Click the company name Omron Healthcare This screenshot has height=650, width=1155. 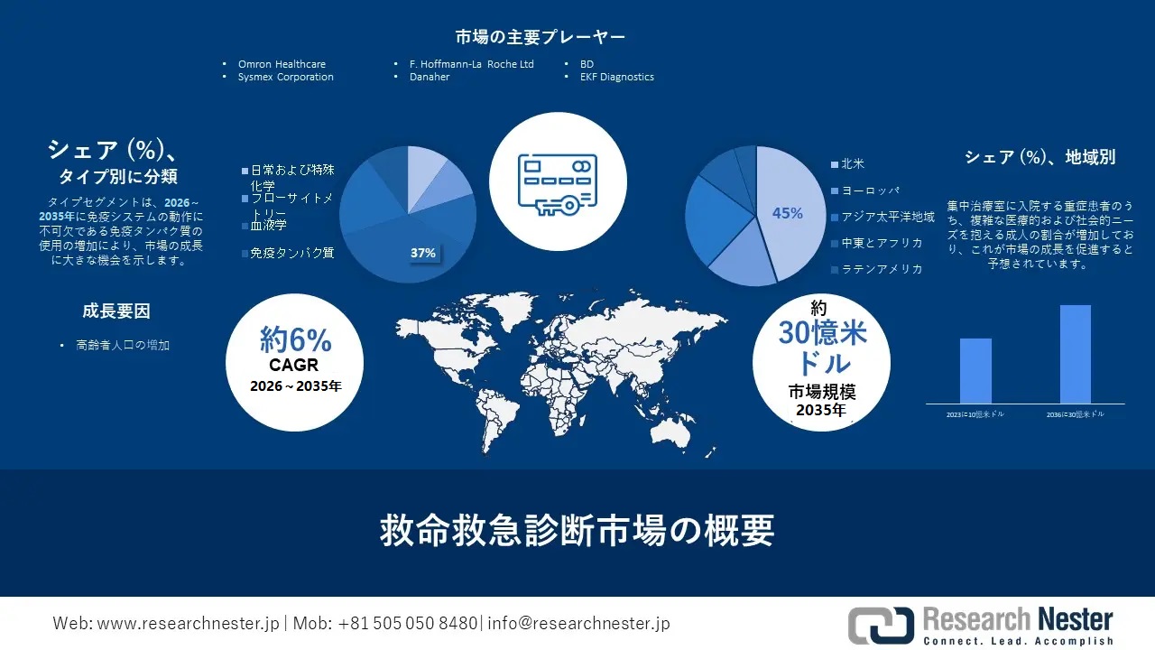point(282,64)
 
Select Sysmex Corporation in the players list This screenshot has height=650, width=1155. point(285,77)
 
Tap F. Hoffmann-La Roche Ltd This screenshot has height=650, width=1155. point(471,64)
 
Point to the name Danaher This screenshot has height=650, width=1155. point(429,77)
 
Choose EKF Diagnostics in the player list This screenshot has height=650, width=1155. point(616,77)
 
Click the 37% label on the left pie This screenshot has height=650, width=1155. point(423,253)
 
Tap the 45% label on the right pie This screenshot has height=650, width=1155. point(787,213)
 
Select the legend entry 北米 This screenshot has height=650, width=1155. point(852,164)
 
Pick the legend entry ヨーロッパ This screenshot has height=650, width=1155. point(870,190)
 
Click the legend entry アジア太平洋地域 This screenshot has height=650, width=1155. point(887,217)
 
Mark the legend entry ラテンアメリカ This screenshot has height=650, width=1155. point(881,269)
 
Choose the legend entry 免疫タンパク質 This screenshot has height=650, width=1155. point(291,253)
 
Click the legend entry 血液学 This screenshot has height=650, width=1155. point(269,225)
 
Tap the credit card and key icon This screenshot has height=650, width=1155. point(557,185)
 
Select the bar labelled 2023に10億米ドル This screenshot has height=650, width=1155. point(975,370)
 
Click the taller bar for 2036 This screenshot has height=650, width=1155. point(1076,354)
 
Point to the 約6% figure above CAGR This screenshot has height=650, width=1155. point(295,340)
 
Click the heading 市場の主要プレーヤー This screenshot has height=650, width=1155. point(541,37)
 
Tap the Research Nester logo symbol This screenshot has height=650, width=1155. point(881,625)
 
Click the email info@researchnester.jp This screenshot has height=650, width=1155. point(578,623)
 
